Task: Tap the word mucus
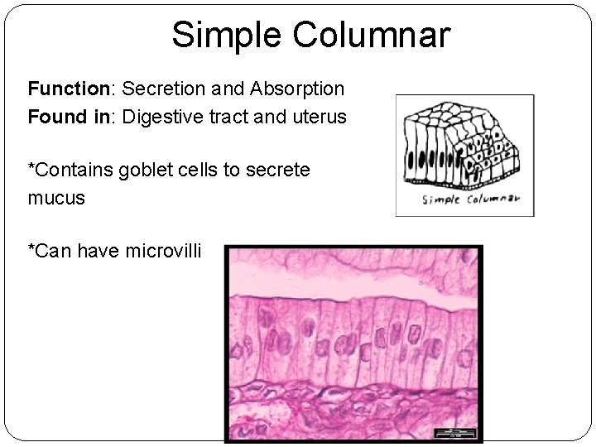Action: click(x=56, y=199)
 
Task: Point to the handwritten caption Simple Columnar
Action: click(x=470, y=199)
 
